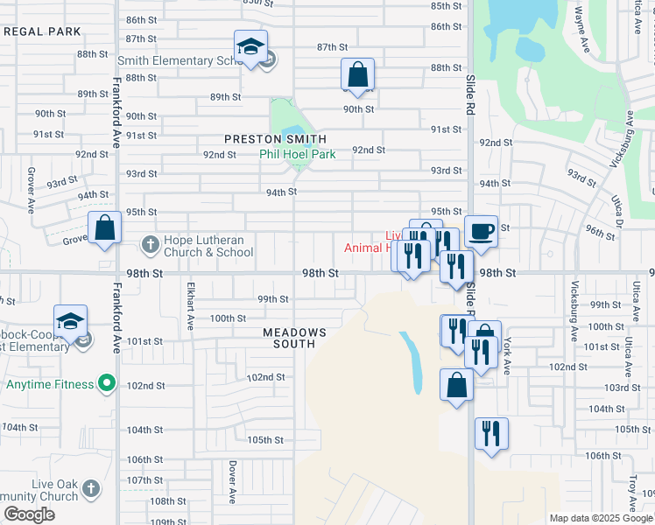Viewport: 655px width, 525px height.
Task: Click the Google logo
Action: click(x=29, y=514)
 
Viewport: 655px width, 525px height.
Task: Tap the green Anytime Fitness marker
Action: click(x=107, y=383)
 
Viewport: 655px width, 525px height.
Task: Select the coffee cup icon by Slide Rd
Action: click(x=481, y=232)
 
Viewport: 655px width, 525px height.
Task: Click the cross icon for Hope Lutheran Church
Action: click(x=150, y=245)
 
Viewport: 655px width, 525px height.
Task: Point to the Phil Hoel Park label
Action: click(x=298, y=154)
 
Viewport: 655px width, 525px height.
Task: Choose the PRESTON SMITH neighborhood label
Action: click(x=275, y=139)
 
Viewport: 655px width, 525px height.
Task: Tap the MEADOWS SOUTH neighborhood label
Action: click(x=295, y=338)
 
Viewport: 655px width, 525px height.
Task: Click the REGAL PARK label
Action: click(x=42, y=31)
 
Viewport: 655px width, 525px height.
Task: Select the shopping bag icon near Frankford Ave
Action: click(x=104, y=228)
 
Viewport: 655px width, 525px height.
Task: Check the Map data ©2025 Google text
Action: click(x=600, y=518)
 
